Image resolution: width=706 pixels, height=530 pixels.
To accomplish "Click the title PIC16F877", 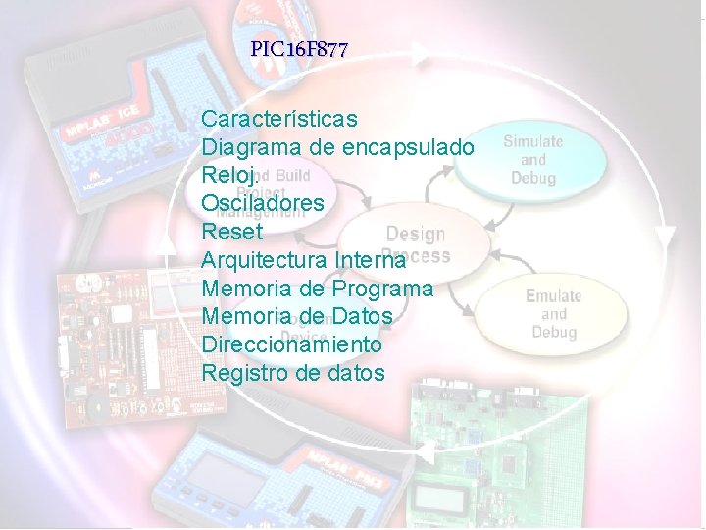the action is click(299, 49).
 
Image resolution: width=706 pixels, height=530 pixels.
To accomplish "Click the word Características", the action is click(279, 119).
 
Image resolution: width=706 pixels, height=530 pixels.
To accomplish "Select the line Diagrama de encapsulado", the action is click(338, 147).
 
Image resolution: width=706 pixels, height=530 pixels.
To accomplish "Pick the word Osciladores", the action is click(263, 203).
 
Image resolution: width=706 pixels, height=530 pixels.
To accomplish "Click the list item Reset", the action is click(232, 232).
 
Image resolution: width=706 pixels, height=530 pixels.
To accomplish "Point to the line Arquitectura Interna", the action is click(303, 260).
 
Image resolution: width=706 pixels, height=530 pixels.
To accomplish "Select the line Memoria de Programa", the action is click(317, 289).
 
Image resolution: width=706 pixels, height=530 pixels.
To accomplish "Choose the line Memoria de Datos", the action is click(296, 317).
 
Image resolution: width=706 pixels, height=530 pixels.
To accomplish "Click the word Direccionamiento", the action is click(291, 345).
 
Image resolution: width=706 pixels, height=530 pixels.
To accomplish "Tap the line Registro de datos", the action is click(293, 374).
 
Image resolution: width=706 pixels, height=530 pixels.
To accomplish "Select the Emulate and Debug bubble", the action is click(553, 313).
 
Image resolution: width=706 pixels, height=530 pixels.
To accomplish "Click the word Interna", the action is click(370, 260).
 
